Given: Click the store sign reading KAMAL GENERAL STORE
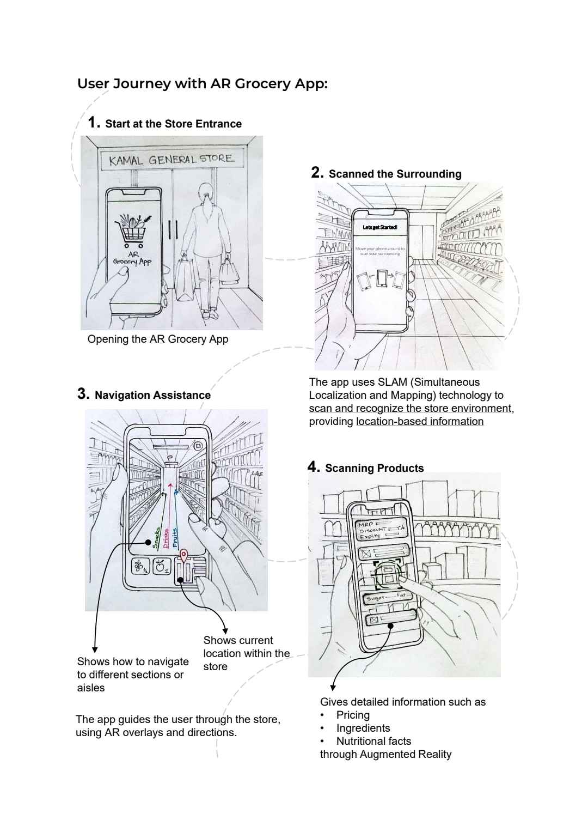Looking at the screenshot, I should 171,160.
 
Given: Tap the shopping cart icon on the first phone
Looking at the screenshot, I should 132,230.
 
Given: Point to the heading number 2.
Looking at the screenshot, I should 317,173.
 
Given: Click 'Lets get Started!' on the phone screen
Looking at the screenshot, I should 380,227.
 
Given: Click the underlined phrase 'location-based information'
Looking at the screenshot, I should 420,421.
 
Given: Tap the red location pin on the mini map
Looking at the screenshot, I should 184,556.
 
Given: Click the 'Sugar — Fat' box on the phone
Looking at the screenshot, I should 385,598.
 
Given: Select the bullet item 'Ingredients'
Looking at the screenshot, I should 363,728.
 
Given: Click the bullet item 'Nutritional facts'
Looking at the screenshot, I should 373,741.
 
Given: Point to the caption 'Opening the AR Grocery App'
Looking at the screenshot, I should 158,339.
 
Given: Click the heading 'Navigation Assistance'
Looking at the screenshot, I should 152,395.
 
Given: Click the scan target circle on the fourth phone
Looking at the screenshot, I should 388,574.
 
